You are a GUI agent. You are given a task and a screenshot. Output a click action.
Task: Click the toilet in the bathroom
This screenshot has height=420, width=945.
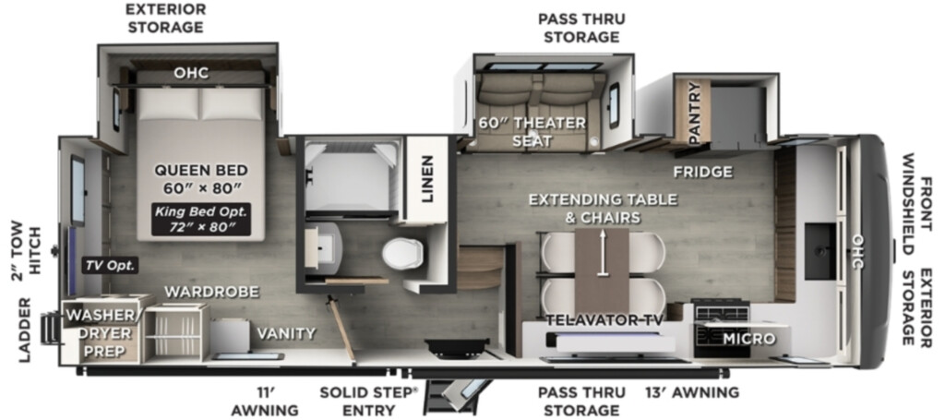[x=401, y=253]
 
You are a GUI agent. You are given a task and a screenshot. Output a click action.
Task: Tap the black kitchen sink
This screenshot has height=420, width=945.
[x=820, y=251]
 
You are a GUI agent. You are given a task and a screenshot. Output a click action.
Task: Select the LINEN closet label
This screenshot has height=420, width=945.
[x=427, y=179]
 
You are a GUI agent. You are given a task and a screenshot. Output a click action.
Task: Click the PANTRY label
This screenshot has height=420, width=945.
[x=694, y=113]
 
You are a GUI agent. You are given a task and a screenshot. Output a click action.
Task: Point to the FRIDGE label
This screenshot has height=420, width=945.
[x=703, y=172]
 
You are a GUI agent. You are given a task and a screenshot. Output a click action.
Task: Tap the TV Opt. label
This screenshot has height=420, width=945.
[x=111, y=265]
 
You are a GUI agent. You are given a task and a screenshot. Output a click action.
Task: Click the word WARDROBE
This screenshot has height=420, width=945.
[x=211, y=293]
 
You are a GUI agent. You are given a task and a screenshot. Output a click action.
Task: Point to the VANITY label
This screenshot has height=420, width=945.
[x=286, y=333]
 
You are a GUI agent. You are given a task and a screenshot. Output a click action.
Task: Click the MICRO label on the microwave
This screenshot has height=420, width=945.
[x=749, y=339]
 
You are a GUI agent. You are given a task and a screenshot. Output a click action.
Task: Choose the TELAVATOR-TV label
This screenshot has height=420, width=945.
[x=604, y=320]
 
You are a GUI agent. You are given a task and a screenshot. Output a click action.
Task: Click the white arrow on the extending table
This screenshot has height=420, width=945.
[x=602, y=253]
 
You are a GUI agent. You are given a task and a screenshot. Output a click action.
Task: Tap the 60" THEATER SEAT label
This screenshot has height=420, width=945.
[x=532, y=132]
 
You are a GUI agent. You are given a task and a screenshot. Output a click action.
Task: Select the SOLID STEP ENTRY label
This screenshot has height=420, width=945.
[x=369, y=402]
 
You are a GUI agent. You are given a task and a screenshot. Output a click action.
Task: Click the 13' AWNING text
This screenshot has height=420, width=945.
[x=692, y=393]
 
